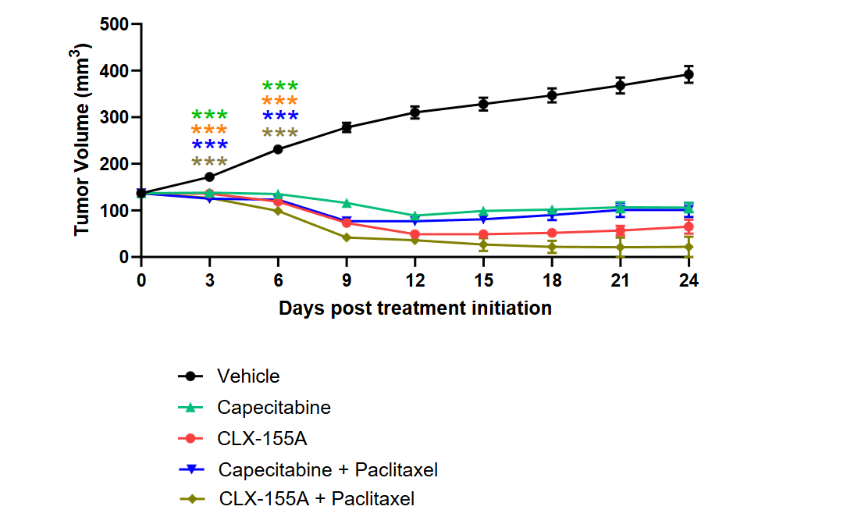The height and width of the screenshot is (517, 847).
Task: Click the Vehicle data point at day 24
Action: (x=688, y=75)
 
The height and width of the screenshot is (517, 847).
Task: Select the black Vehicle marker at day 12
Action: (x=415, y=112)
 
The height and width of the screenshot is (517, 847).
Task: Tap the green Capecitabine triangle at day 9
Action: (x=347, y=203)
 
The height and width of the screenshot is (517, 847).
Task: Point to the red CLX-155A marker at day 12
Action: (x=415, y=234)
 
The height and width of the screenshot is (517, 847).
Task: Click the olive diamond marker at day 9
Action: (x=347, y=237)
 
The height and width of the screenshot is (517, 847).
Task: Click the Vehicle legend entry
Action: (x=248, y=376)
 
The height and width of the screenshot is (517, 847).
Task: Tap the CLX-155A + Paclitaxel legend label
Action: (x=317, y=498)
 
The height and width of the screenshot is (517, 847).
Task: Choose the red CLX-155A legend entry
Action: (x=262, y=438)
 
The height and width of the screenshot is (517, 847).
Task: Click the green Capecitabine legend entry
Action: (x=274, y=408)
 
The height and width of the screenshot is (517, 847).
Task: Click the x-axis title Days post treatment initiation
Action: (x=415, y=308)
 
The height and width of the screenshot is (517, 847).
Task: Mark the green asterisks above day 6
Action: (x=279, y=87)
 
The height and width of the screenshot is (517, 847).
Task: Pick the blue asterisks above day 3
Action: (x=209, y=146)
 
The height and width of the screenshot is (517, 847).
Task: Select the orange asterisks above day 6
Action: (x=279, y=102)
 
